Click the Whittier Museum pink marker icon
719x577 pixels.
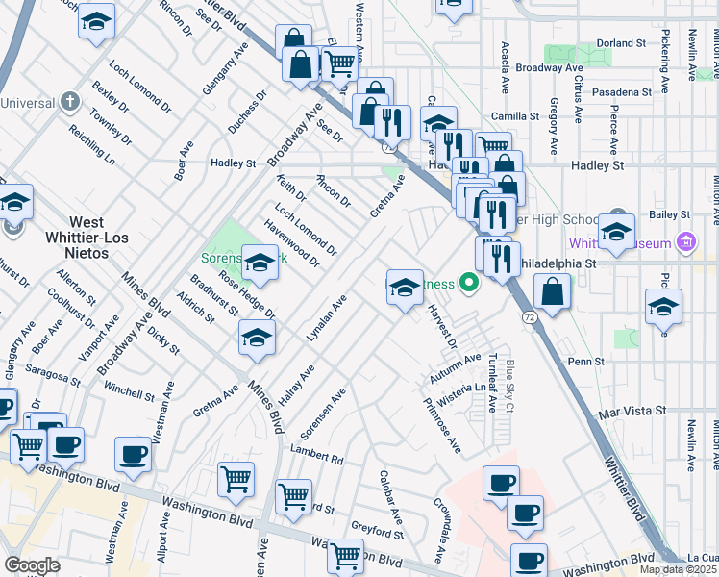click(x=685, y=241)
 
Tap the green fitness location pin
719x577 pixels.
click(x=469, y=283)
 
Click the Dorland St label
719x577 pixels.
click(x=621, y=43)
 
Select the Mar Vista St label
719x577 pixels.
click(x=632, y=411)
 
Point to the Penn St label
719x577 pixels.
click(x=584, y=362)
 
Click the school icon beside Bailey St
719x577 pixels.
click(x=616, y=231)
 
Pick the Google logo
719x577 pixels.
click(x=32, y=564)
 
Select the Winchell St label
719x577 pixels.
click(x=129, y=394)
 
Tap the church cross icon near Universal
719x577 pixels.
click(x=69, y=101)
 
